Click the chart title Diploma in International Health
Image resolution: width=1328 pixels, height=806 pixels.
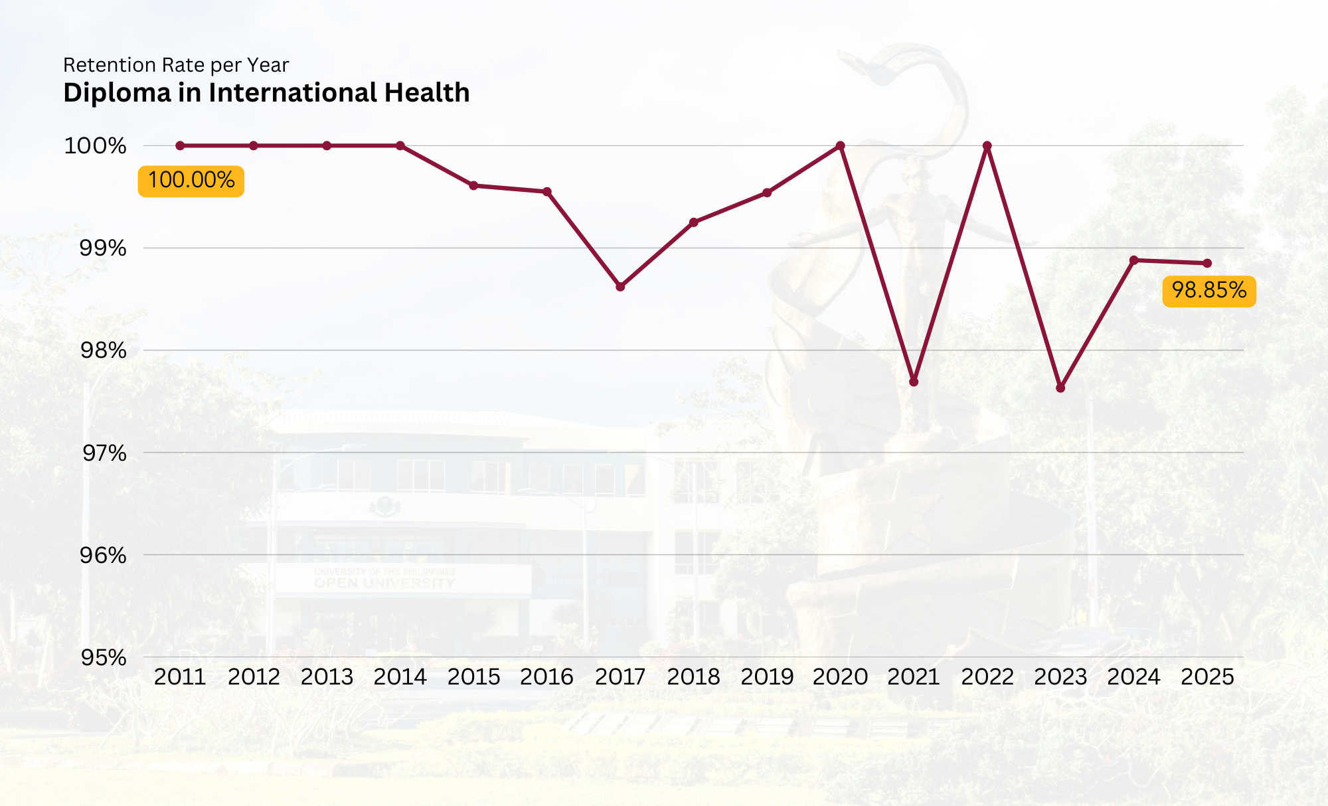tap(266, 93)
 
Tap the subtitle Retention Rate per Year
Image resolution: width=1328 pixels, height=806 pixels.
tap(176, 65)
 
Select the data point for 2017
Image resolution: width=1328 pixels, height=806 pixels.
tap(620, 287)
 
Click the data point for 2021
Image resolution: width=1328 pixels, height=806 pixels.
tap(914, 382)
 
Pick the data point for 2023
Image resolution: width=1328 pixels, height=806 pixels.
tap(1060, 388)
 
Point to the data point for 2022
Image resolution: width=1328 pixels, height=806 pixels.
tap(987, 145)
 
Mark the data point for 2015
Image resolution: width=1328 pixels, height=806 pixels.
tap(473, 186)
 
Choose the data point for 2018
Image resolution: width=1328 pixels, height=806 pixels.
tap(694, 222)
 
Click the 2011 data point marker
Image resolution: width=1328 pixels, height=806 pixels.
tap(180, 145)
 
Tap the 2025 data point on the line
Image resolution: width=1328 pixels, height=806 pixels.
tap(1207, 264)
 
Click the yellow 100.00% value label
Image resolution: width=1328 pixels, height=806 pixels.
tap(191, 181)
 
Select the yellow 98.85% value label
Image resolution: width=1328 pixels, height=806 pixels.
tap(1208, 291)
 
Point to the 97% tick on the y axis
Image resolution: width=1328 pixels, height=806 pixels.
tap(104, 453)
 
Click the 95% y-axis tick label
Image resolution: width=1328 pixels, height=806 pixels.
tap(104, 658)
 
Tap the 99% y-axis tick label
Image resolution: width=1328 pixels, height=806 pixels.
tap(103, 248)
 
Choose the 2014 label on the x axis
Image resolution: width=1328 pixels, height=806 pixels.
tap(400, 677)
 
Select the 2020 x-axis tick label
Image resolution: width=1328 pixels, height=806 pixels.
tap(840, 677)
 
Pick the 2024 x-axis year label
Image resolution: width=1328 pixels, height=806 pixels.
tap(1133, 677)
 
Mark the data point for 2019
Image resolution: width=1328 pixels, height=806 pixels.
tap(767, 193)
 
